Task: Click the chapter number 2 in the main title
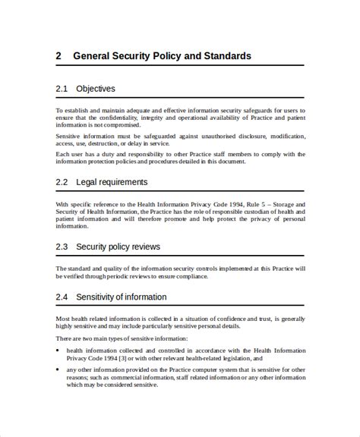point(58,56)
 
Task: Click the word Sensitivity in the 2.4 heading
point(99,297)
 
